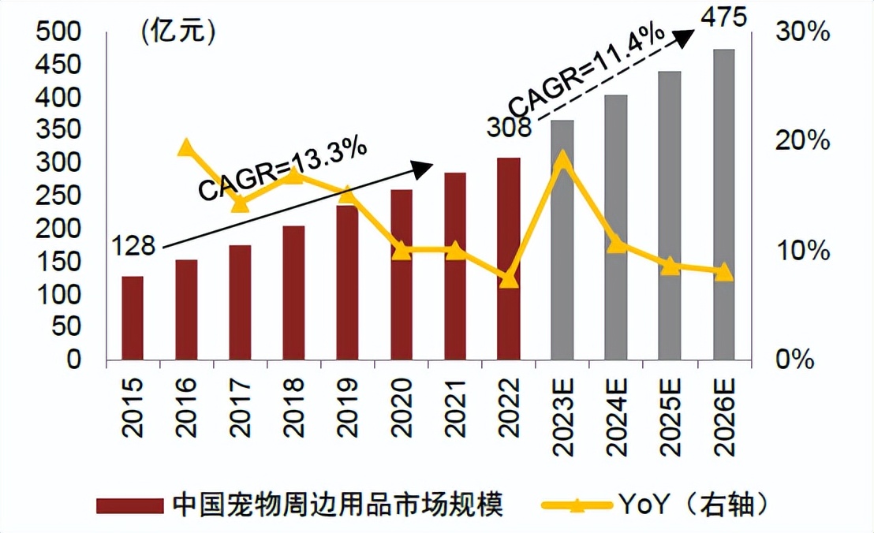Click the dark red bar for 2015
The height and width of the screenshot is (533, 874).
pyautogui.click(x=133, y=319)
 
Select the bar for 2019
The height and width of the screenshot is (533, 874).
pyautogui.click(x=347, y=282)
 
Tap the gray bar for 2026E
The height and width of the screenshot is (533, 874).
pyautogui.click(x=723, y=205)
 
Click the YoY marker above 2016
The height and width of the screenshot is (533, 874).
pyautogui.click(x=186, y=147)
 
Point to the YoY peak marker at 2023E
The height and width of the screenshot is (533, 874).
pyautogui.click(x=562, y=161)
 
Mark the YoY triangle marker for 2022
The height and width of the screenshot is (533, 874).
pyautogui.click(x=509, y=278)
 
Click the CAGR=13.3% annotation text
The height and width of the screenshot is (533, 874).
pyautogui.click(x=282, y=170)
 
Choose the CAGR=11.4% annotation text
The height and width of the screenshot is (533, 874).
pyautogui.click(x=585, y=70)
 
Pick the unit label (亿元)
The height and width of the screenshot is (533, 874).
pyautogui.click(x=178, y=32)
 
